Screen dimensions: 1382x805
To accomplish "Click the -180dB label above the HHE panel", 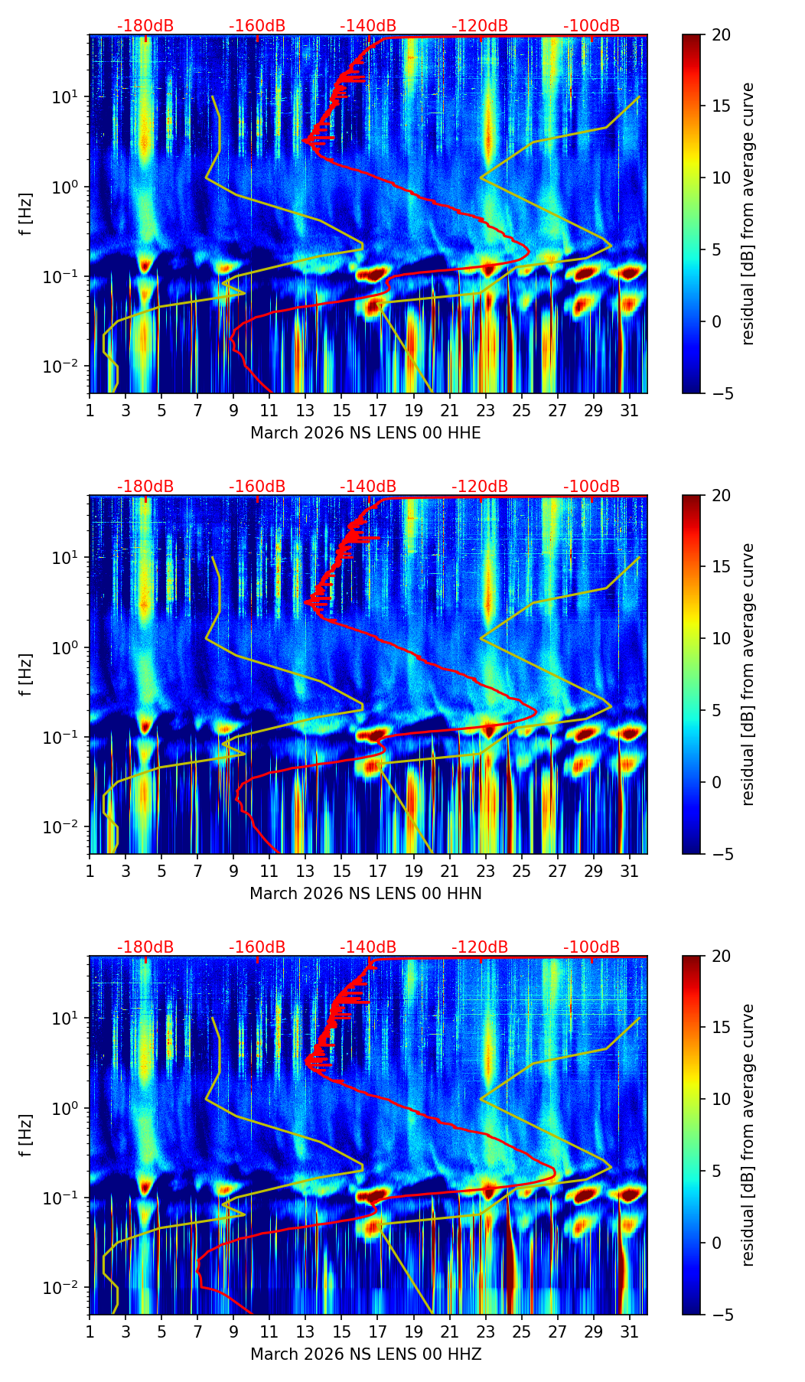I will [145, 26].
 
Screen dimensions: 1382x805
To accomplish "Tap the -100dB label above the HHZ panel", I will [592, 947].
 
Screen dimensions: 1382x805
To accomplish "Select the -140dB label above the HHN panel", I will [368, 487].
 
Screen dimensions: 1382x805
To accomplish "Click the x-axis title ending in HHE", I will [366, 433].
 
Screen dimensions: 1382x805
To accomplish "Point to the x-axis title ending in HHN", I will [366, 894].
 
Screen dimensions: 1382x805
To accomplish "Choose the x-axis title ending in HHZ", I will [366, 1354].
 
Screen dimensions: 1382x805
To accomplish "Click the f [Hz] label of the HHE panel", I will [26, 214].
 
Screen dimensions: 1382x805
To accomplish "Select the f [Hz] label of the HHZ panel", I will [26, 1136].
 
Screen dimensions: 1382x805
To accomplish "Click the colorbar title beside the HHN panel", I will [748, 674].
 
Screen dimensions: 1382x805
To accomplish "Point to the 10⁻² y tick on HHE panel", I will [66, 367].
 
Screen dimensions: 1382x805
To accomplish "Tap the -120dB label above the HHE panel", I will [480, 26].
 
